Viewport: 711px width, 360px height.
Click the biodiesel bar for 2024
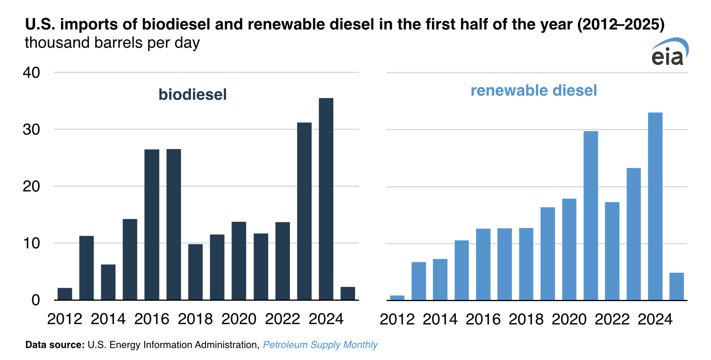click(x=326, y=199)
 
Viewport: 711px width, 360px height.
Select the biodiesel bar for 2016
click(x=152, y=224)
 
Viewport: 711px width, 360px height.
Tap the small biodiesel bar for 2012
click(x=65, y=294)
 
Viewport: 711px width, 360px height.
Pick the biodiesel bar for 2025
click(x=348, y=293)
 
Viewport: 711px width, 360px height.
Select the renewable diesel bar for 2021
click(x=591, y=215)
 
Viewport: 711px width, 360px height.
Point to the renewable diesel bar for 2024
click(x=655, y=206)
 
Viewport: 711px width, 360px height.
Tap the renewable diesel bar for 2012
click(x=397, y=297)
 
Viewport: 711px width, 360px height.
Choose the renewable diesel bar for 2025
click(x=676, y=286)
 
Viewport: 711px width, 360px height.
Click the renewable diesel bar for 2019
click(x=548, y=254)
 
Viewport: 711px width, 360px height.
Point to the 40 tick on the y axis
click(x=31, y=73)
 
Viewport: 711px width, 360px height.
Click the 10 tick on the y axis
click(x=31, y=243)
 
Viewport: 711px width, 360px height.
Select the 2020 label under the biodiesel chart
click(x=239, y=319)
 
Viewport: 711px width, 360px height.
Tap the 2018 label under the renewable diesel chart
click(x=526, y=319)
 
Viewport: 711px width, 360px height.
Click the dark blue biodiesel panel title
click(x=192, y=94)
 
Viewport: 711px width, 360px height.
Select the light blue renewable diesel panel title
click(x=533, y=91)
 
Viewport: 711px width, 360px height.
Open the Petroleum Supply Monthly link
click(x=320, y=345)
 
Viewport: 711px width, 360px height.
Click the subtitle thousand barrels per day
click(x=112, y=43)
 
